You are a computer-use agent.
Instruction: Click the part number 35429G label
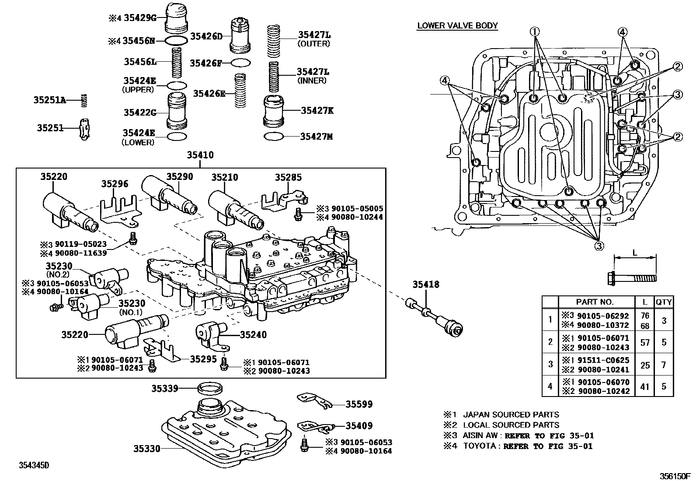(140, 18)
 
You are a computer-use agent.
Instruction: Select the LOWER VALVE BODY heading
(457, 25)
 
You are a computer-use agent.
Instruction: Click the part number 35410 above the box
(200, 155)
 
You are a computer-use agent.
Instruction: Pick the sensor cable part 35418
(433, 317)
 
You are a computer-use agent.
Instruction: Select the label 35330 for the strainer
(147, 449)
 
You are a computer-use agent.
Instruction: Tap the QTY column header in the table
(663, 302)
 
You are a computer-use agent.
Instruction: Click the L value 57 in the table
(645, 342)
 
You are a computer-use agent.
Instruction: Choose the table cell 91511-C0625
(603, 360)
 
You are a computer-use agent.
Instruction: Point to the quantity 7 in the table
(664, 365)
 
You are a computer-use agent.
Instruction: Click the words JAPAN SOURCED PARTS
(511, 414)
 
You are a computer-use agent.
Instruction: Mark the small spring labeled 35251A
(85, 100)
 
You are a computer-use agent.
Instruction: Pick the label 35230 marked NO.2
(59, 266)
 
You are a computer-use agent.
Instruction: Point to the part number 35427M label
(316, 137)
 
